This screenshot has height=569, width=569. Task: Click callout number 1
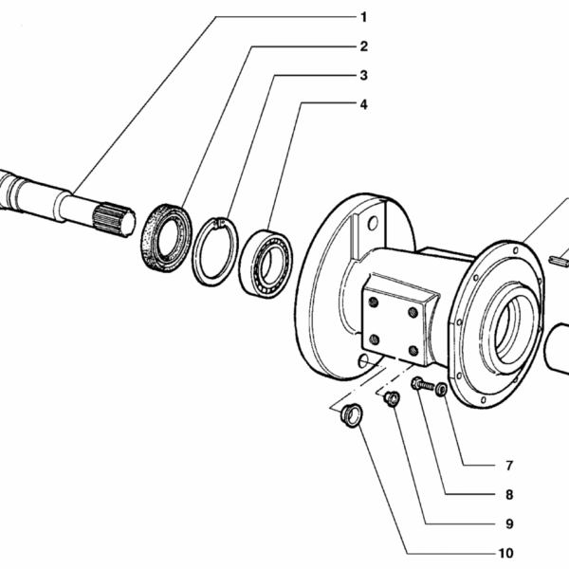point(363,17)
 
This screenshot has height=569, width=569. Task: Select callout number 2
point(363,46)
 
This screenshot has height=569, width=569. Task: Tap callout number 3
point(363,76)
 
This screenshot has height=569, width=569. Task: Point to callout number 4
point(363,104)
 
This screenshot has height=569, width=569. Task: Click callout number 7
point(509,466)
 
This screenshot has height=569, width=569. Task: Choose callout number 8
point(509,495)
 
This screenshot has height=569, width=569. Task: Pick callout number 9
point(509,524)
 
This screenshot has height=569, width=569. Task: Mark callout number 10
point(506,553)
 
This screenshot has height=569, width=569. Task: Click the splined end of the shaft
point(114,220)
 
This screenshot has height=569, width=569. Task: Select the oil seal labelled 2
point(166,238)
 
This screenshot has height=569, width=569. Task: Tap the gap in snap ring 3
point(218,223)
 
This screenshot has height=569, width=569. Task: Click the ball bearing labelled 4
point(266,264)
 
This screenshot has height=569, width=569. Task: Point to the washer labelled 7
point(441,390)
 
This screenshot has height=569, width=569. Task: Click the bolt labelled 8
point(423,385)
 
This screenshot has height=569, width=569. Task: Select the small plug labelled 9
point(392,399)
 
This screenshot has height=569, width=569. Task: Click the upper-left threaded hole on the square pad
point(374,302)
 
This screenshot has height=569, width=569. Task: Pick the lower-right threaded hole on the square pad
point(413,351)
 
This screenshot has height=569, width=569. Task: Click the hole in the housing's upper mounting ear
point(373,223)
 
